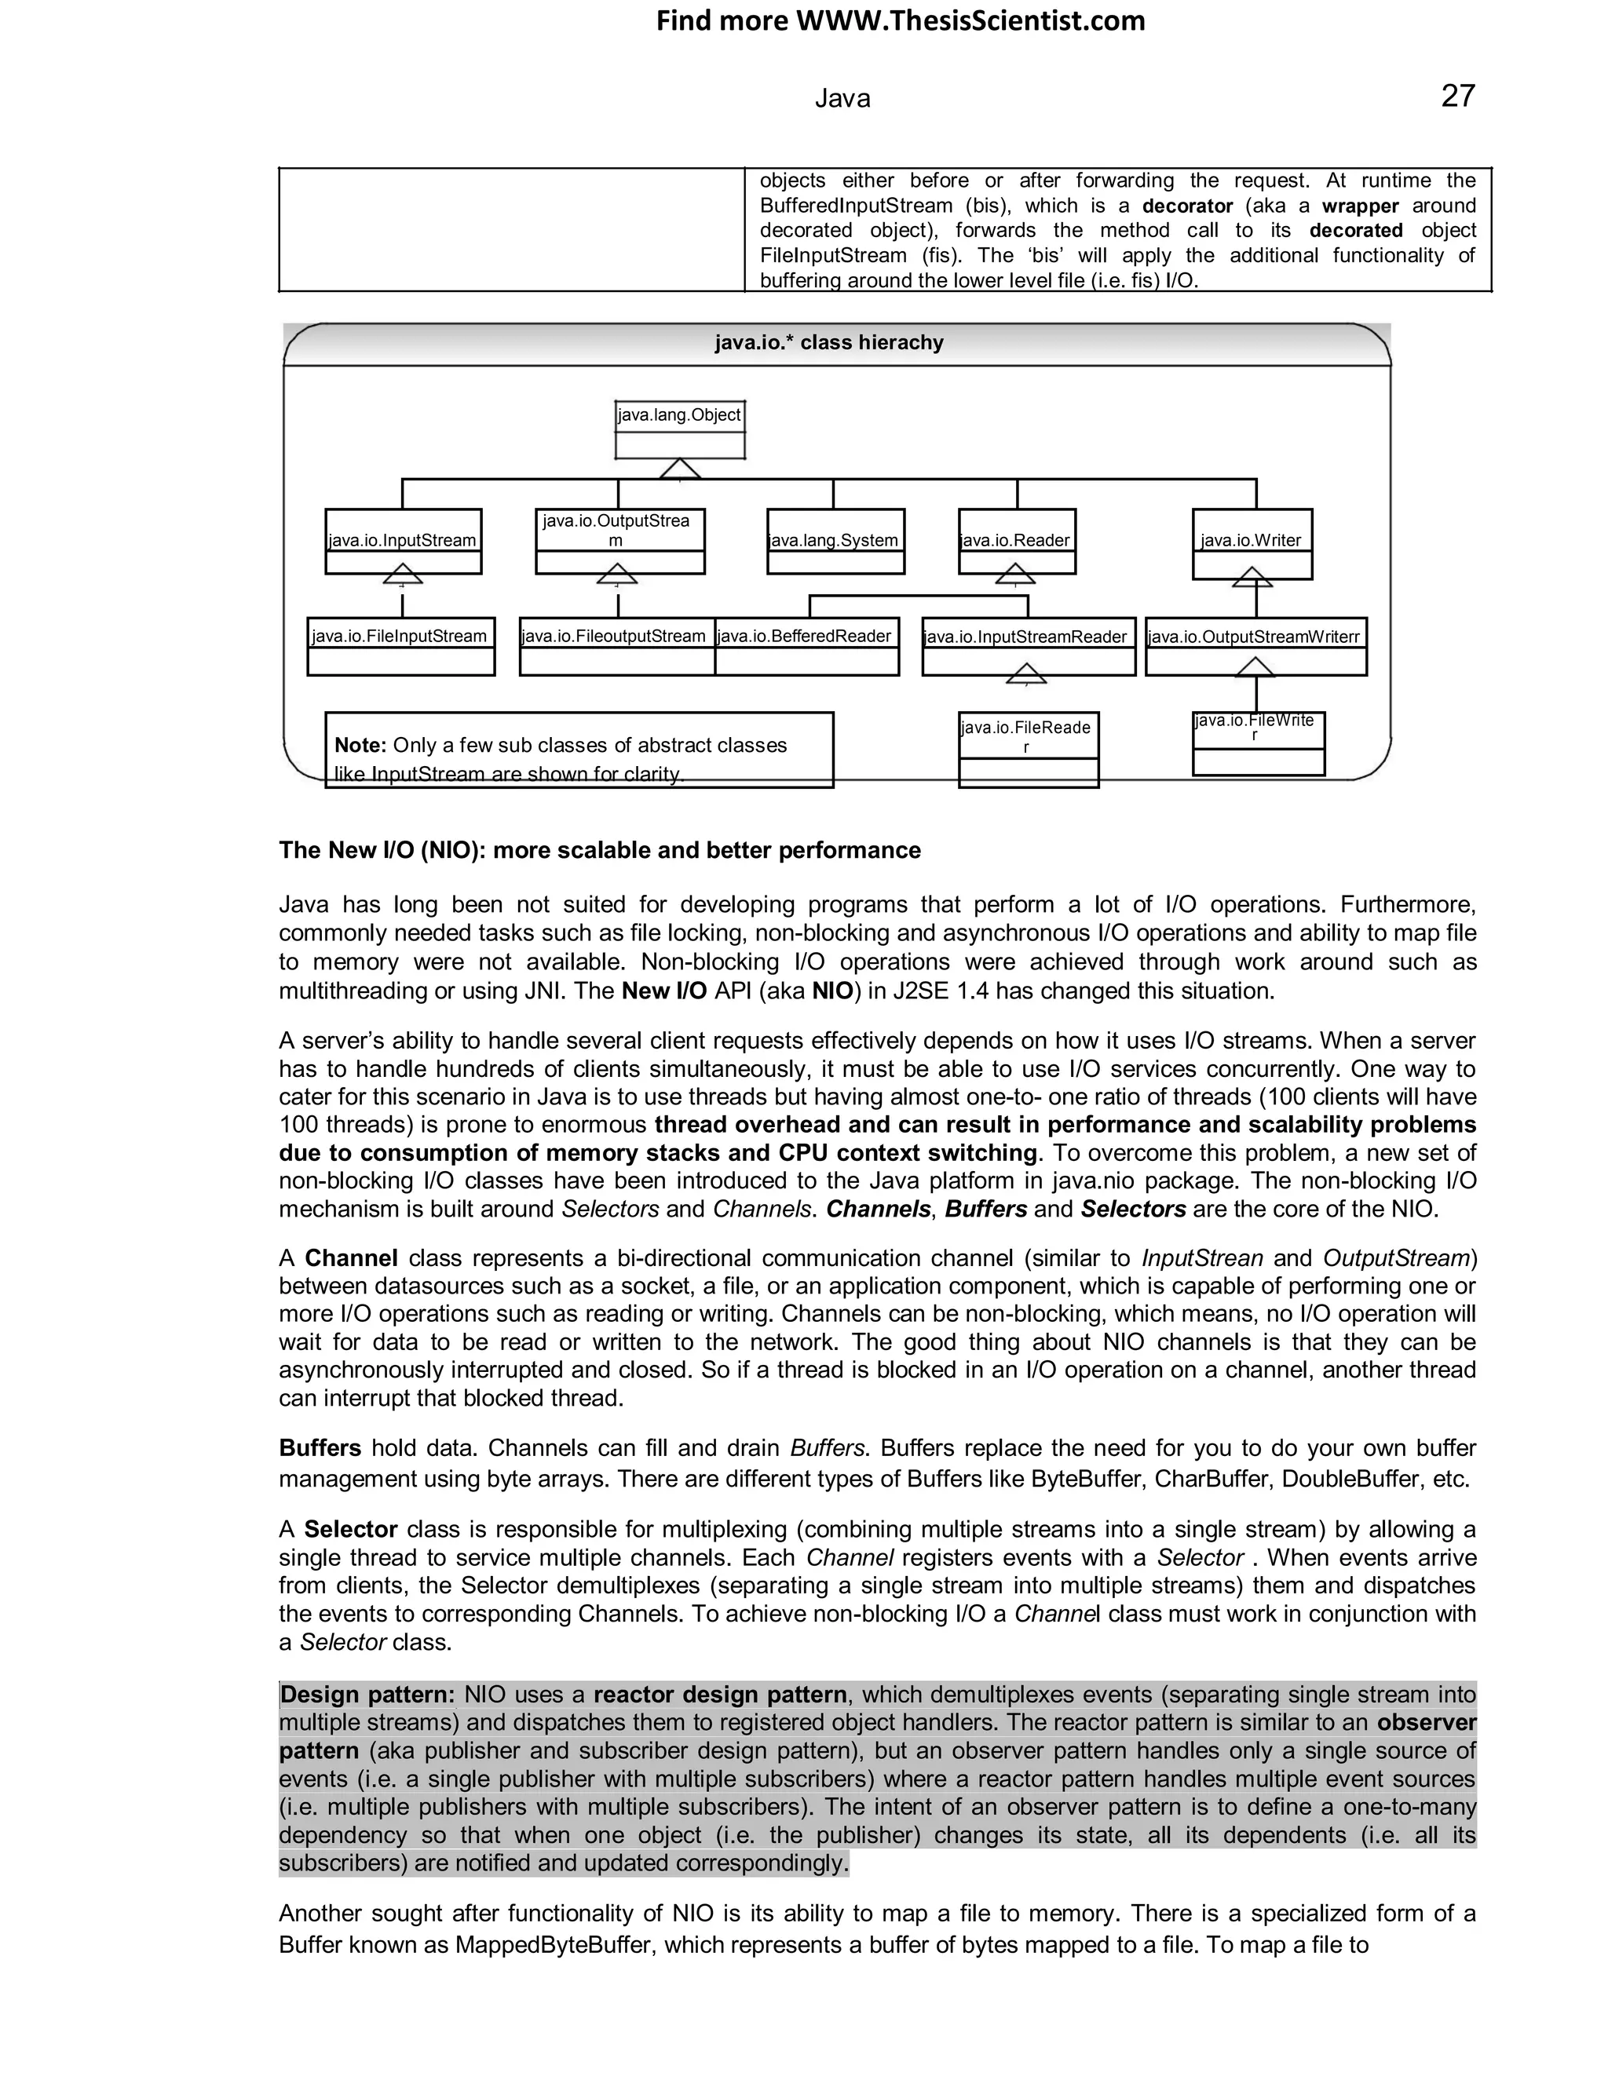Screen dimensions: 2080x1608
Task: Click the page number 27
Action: [1457, 97]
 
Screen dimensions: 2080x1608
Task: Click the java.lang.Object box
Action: [679, 429]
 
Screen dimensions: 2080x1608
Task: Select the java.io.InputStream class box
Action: [403, 541]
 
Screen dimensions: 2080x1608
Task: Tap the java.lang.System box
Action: [835, 541]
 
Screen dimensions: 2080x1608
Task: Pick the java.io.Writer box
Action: [1252, 543]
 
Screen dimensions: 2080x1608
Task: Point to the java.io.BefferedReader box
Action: [806, 647]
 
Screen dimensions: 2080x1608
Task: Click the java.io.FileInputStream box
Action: [400, 647]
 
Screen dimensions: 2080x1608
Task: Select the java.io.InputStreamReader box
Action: [1028, 647]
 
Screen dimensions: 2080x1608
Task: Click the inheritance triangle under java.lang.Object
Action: [679, 469]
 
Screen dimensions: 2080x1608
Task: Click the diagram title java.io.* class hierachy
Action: [829, 343]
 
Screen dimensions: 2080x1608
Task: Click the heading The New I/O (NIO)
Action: [599, 851]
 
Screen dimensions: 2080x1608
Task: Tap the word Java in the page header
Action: [842, 99]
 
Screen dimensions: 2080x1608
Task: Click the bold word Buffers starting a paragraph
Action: [319, 1449]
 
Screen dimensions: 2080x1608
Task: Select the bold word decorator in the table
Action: [1187, 206]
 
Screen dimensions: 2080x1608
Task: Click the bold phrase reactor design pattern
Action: [719, 1695]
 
